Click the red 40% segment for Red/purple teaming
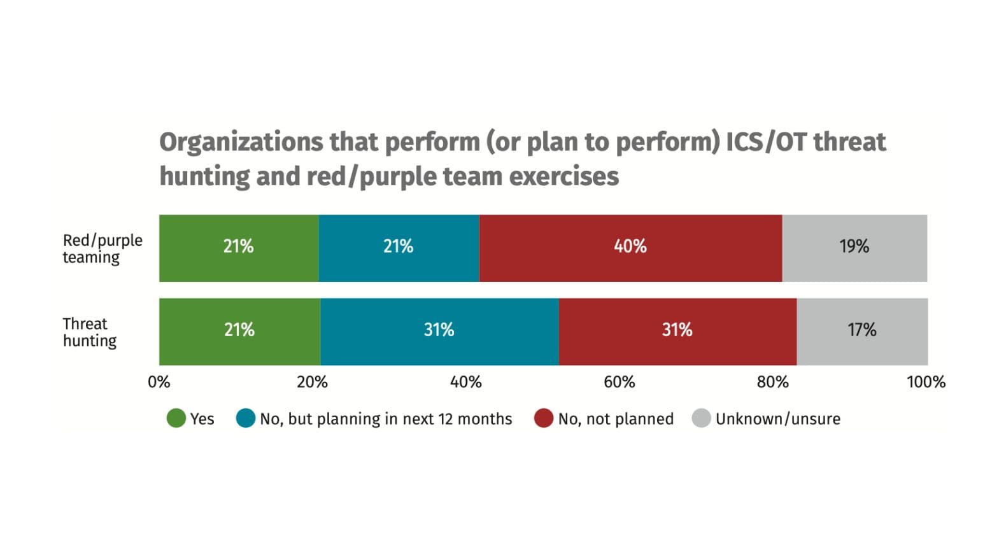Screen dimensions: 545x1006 pos(630,248)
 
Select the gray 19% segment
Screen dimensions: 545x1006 pos(854,248)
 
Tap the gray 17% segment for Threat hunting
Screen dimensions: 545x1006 pos(862,331)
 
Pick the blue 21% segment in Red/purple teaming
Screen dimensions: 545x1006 pos(399,248)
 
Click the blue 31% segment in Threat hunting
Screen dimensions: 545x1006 pos(439,331)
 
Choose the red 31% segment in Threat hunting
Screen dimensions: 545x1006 pos(677,331)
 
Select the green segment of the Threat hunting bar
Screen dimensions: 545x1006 pos(239,331)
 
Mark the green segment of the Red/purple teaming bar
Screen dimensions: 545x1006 pos(239,248)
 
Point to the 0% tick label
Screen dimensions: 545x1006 pos(159,382)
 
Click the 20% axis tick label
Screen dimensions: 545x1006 pos(312,382)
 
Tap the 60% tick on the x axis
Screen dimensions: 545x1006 pos(619,382)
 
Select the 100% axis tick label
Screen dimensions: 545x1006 pos(926,382)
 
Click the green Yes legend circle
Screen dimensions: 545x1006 pos(176,418)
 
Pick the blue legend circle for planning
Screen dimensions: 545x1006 pos(245,418)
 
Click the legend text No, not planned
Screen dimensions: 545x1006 pos(616,419)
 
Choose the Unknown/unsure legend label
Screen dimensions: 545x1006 pos(777,419)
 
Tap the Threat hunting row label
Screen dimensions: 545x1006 pos(89,332)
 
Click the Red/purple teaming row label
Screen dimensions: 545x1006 pos(102,248)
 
